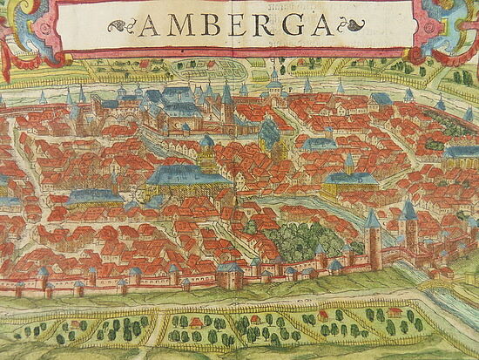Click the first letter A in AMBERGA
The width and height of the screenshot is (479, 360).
pyautogui.click(x=149, y=28)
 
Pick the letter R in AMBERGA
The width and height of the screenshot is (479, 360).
pyautogui.click(x=257, y=28)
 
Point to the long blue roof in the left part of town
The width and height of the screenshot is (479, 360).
pyautogui.click(x=94, y=196)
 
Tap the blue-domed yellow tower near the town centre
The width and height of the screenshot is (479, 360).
pyautogui.click(x=207, y=148)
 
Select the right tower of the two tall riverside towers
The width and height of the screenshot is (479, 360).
pyautogui.click(x=409, y=222)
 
